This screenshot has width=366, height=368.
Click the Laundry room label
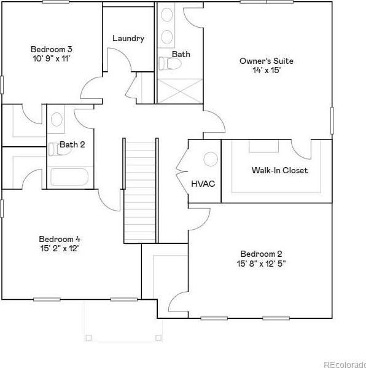(x=128, y=39)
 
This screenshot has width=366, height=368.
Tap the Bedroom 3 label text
(x=52, y=49)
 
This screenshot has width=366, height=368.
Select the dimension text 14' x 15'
(x=267, y=70)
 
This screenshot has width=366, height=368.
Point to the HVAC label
(x=203, y=184)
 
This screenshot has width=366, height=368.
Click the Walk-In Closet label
(x=279, y=170)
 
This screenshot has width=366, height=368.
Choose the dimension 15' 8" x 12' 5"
(x=261, y=264)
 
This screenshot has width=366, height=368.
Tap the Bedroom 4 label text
(x=60, y=239)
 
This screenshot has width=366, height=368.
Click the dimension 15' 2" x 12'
(x=60, y=248)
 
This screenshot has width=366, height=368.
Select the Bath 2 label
(x=72, y=144)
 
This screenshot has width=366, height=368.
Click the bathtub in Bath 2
(x=69, y=177)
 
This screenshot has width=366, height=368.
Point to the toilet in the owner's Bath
(x=170, y=63)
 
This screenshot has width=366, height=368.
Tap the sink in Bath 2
(x=56, y=119)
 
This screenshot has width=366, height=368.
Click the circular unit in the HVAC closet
(x=211, y=159)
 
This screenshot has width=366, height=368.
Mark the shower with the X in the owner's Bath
(x=179, y=91)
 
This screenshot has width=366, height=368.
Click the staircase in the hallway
(x=140, y=191)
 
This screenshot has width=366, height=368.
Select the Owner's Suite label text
(x=267, y=61)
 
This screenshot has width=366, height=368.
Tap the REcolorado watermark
(x=345, y=364)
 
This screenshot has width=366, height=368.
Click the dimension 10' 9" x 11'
(x=52, y=58)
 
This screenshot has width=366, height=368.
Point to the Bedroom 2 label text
(x=261, y=254)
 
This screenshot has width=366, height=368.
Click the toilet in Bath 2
(x=60, y=149)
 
